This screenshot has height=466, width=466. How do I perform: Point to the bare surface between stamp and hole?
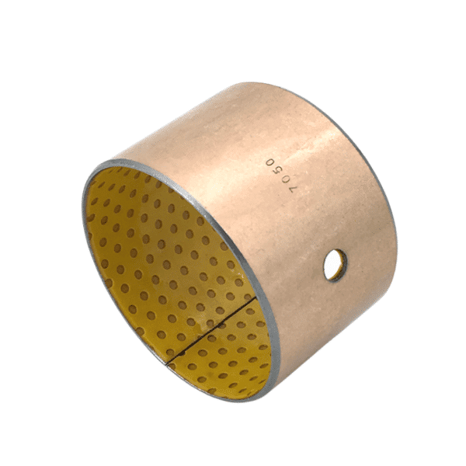pos(307,225)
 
